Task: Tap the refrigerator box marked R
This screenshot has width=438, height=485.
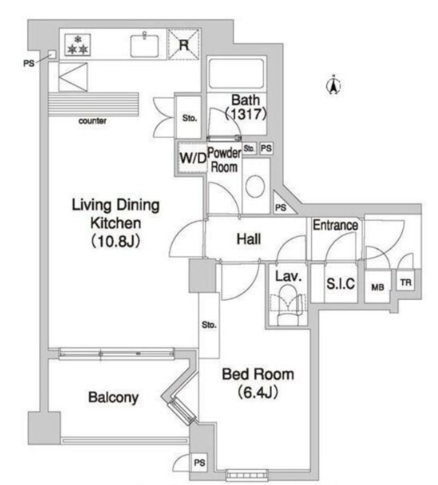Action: (184, 44)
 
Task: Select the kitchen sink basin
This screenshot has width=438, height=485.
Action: (144, 45)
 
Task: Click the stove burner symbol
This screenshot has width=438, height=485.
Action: (78, 45)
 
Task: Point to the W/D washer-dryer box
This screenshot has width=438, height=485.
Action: (192, 158)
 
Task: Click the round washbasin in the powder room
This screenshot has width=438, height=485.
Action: (255, 186)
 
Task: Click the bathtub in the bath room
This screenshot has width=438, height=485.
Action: (237, 73)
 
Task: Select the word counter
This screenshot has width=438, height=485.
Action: (92, 121)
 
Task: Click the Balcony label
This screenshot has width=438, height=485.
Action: (113, 397)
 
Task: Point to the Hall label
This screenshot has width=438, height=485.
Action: (249, 239)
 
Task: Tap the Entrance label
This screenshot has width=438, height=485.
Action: (335, 225)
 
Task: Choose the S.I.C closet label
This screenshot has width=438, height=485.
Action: (340, 283)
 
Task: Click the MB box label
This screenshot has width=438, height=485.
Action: (378, 287)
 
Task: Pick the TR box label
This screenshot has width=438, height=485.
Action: (406, 282)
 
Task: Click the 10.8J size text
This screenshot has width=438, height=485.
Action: (116, 241)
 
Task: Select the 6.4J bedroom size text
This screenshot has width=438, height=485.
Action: (258, 392)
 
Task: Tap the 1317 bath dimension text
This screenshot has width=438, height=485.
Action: (246, 114)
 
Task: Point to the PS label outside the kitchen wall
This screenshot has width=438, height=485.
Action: (29, 63)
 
